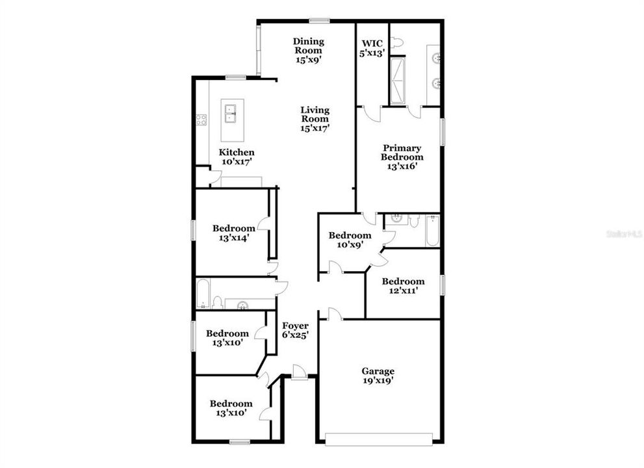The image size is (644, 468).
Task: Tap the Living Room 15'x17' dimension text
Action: (315, 128)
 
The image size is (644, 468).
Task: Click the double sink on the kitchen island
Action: (230, 113)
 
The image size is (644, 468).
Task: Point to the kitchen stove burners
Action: (201, 120)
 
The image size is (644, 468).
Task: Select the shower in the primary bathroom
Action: (397, 81)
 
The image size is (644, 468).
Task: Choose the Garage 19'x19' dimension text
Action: (378, 381)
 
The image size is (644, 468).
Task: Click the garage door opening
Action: (379, 439)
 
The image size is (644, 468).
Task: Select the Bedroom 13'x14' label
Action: (233, 233)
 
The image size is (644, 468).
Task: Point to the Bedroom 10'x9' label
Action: (350, 240)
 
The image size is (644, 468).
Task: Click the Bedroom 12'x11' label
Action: (403, 286)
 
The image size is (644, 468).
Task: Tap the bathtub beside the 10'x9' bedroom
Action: (432, 231)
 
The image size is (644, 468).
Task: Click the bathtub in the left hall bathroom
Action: (203, 293)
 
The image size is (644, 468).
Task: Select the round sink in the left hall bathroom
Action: (243, 304)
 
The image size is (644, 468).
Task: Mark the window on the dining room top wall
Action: (320, 20)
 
